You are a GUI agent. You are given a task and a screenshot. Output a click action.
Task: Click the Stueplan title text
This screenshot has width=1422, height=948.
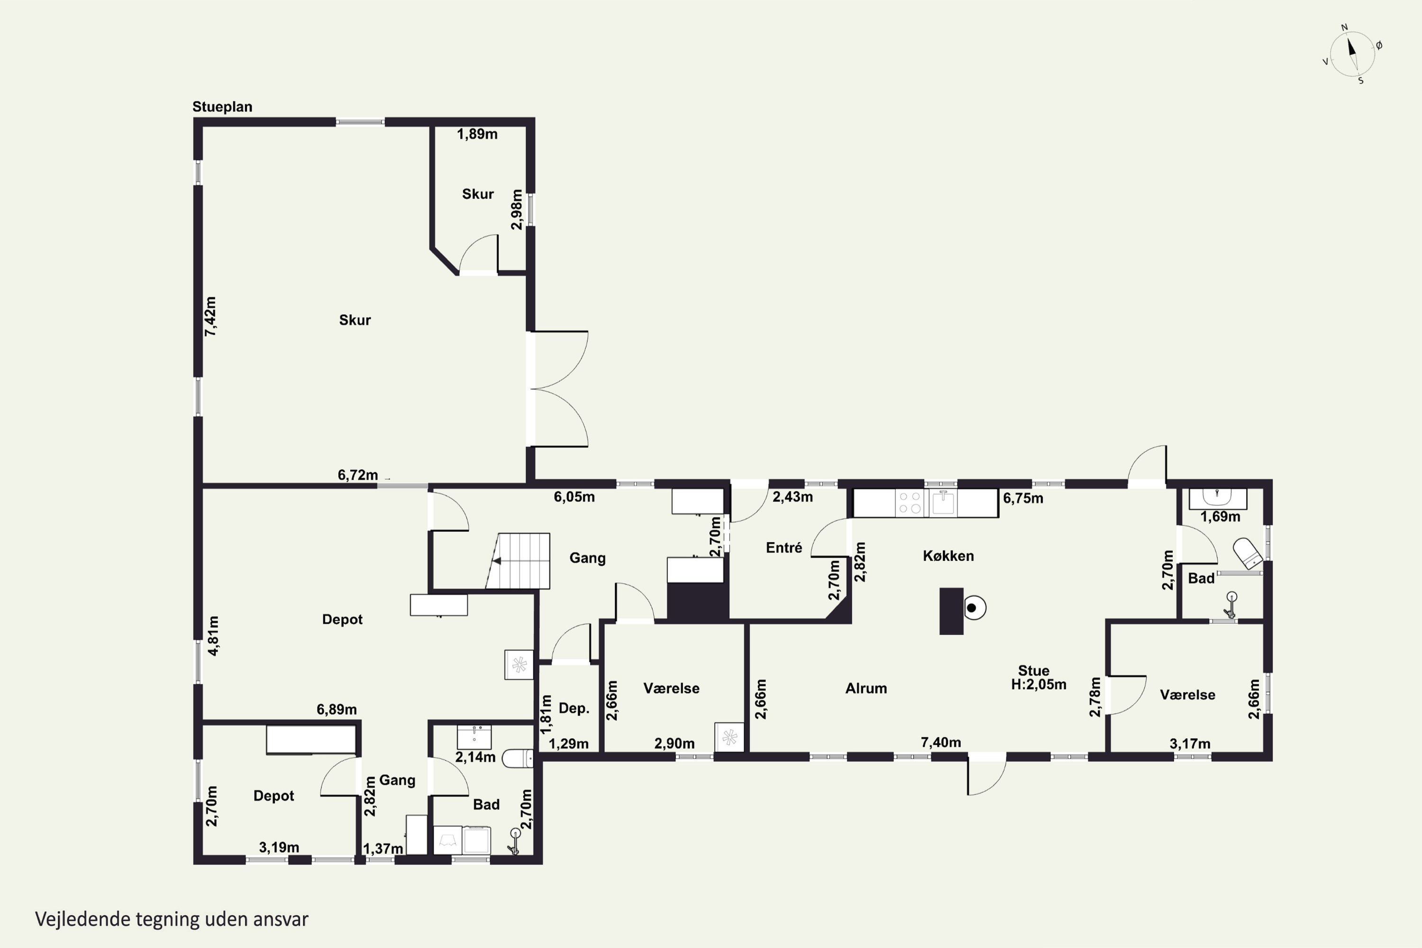point(222,107)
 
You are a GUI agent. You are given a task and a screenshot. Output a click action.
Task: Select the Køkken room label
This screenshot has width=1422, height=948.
point(948,556)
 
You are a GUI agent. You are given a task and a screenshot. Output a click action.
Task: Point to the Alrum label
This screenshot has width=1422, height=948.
point(866,688)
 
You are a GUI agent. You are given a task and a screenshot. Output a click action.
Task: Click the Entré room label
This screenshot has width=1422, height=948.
point(784,548)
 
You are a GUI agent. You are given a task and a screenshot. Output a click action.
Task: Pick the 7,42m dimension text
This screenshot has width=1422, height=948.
point(210,316)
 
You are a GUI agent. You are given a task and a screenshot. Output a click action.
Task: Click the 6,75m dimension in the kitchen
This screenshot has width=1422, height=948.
point(1023,498)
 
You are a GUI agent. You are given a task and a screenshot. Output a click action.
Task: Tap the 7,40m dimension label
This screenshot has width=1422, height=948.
point(941,742)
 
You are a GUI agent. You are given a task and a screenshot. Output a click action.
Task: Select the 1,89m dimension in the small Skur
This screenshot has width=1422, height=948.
point(477,134)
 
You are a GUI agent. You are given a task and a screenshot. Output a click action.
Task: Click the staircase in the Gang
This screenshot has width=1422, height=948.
point(518,561)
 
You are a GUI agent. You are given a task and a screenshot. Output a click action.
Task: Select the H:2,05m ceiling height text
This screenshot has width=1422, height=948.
point(1039,685)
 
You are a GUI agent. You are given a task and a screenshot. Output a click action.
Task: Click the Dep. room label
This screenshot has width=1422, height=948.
point(574,709)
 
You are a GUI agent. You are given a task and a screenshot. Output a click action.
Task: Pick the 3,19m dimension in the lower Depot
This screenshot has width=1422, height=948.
point(279,848)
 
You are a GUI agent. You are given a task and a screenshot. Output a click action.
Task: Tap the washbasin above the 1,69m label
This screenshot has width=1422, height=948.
point(1218,498)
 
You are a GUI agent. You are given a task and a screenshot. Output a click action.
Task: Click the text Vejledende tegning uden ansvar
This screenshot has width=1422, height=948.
point(172,920)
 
